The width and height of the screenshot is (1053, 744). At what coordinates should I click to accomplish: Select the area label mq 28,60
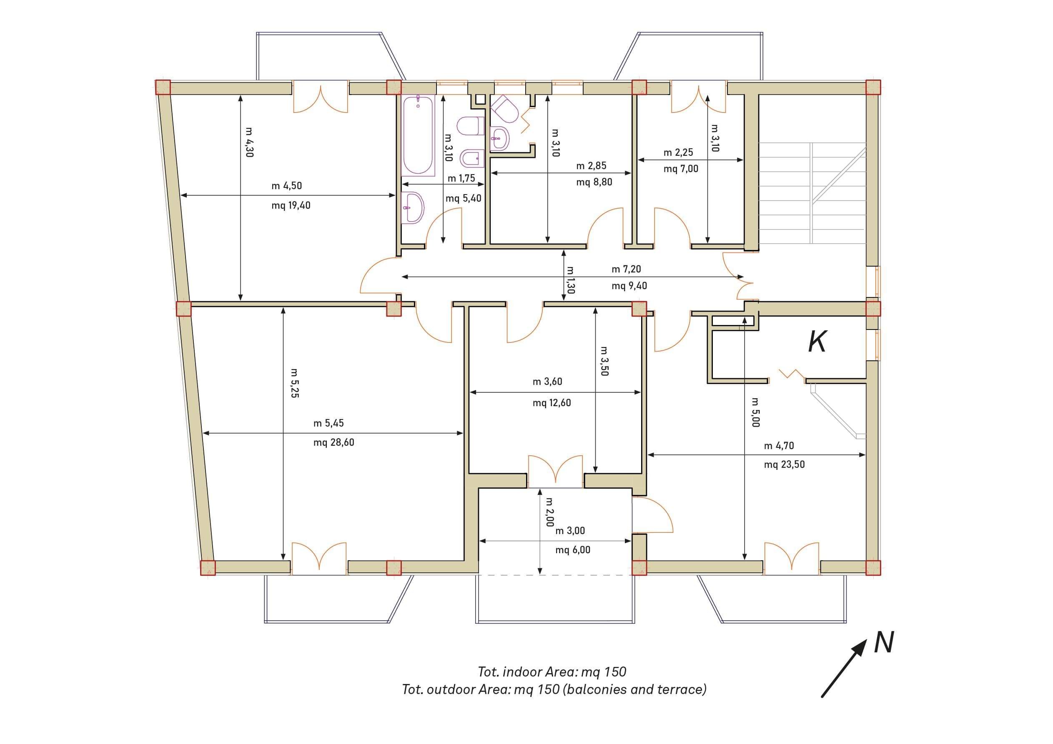click(x=334, y=442)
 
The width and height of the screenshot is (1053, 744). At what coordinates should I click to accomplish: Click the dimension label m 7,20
click(x=626, y=269)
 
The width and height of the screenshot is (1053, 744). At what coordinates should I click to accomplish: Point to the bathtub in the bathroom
click(x=418, y=136)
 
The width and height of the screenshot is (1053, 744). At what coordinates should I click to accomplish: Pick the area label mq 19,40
click(x=291, y=205)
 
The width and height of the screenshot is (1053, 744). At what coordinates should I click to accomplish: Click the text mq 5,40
click(x=463, y=198)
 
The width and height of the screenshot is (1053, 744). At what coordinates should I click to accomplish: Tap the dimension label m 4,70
click(x=779, y=446)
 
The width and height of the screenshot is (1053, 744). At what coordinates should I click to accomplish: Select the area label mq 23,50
click(x=784, y=464)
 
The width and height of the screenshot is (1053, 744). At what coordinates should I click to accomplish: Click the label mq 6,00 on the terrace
click(x=573, y=549)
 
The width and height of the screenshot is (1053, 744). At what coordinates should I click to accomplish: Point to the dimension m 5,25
click(x=295, y=383)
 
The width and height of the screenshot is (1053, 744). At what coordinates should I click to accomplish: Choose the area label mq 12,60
click(x=552, y=403)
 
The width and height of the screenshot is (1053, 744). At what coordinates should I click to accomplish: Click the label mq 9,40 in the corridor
click(x=629, y=286)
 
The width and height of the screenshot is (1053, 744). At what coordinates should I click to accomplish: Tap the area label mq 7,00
click(x=681, y=169)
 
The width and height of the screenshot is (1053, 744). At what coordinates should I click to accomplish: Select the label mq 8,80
click(x=594, y=182)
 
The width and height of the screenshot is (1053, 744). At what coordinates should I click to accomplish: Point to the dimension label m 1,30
click(x=571, y=280)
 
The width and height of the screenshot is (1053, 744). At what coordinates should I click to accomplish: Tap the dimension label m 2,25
click(x=678, y=152)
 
